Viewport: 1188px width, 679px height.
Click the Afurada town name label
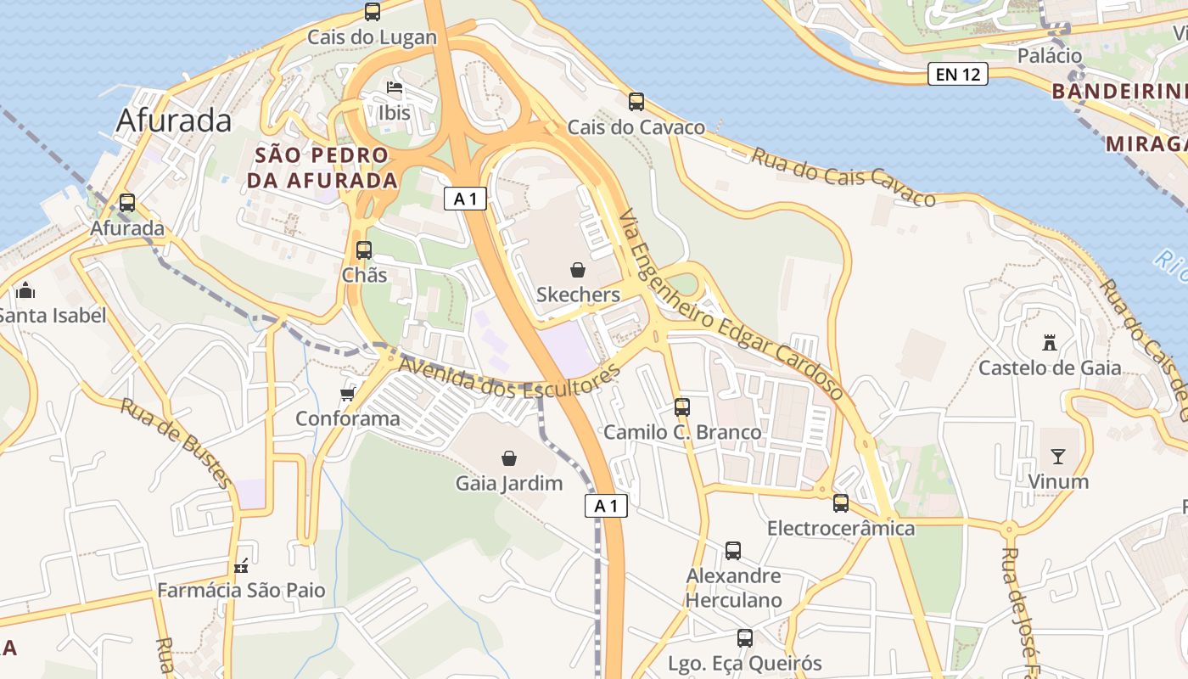click(174, 121)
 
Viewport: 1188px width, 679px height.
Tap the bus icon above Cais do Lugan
click(373, 12)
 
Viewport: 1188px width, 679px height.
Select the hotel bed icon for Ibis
click(394, 87)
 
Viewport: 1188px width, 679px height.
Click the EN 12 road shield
click(958, 75)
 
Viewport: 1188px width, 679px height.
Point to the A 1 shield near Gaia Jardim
click(606, 507)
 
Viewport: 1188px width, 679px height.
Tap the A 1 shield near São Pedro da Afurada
click(465, 199)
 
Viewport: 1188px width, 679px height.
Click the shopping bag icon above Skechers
click(578, 270)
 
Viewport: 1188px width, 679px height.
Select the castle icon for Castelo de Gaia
click(1050, 343)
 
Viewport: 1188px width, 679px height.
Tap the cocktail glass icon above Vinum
click(1057, 457)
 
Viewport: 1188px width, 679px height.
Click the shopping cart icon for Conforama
click(347, 394)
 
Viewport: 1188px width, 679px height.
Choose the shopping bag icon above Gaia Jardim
click(509, 458)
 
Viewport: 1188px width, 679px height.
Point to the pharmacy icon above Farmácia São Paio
click(242, 566)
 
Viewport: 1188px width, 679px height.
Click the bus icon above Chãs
click(364, 250)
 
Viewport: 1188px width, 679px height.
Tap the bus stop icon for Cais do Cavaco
click(636, 102)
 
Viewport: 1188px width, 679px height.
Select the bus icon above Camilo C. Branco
click(682, 407)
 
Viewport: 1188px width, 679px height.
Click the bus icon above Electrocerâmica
click(841, 503)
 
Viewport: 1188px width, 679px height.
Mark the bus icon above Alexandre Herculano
click(733, 551)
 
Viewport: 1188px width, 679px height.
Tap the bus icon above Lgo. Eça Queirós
click(745, 638)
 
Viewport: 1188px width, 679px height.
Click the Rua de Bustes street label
click(176, 444)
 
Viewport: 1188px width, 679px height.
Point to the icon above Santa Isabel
click(25, 291)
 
